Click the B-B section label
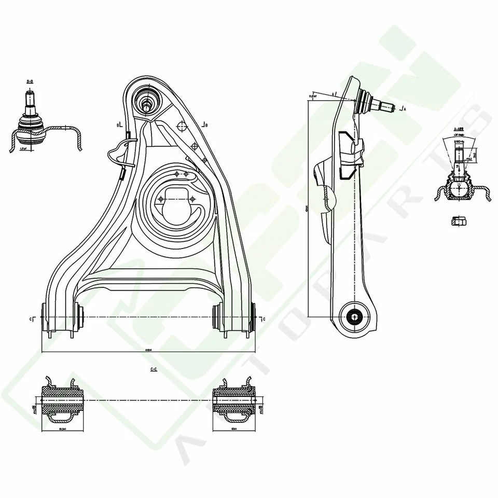30,81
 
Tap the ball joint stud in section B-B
30,99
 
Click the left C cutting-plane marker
32,318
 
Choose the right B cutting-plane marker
205,125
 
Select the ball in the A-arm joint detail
459,188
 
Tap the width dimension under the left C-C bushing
62,429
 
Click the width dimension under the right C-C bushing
234,429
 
